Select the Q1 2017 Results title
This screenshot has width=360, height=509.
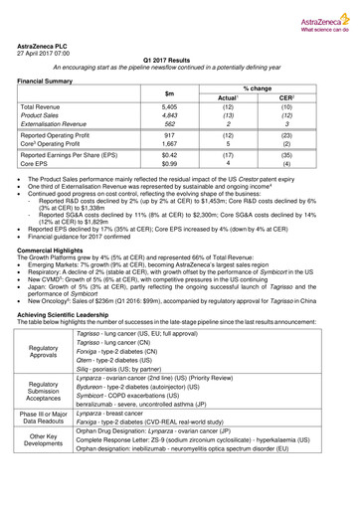click(180, 62)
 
